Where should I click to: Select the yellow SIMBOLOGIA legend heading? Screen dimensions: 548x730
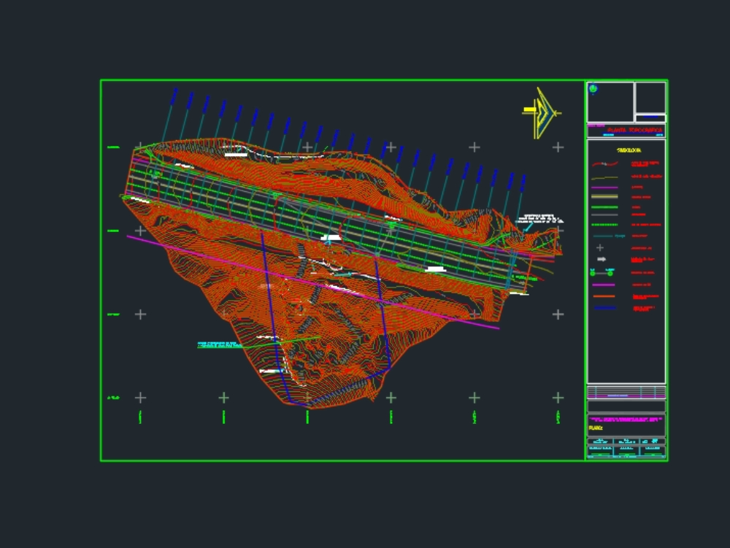pos(629,150)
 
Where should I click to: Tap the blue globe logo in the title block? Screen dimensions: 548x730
pos(593,89)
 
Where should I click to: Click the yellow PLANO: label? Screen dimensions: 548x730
pos(596,428)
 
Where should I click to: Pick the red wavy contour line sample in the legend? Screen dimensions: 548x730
pos(604,165)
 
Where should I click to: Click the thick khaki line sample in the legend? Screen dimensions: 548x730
pos(604,197)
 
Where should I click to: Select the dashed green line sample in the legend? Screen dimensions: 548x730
pos(604,225)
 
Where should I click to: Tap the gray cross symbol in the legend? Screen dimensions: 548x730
pos(600,248)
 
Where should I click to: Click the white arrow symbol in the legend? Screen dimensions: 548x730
pos(602,259)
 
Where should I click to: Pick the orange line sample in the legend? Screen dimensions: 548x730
pos(604,296)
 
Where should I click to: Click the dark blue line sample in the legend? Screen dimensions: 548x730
pos(604,308)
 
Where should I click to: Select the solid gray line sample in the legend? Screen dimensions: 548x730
pos(604,215)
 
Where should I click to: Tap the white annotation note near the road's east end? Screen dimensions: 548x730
pos(539,218)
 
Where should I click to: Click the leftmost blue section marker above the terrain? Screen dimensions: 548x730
pos(174,96)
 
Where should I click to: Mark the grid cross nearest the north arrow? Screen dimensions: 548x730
pos(558,147)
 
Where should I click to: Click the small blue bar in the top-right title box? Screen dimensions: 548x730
pos(650,117)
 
